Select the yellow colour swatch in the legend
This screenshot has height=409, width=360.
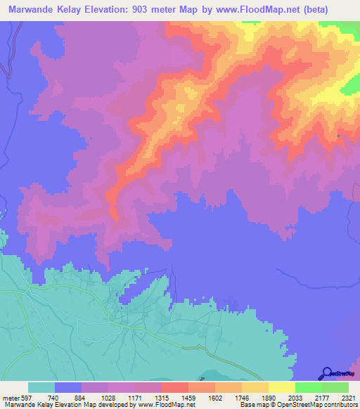(282, 387)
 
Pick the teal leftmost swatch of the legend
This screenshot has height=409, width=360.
(41, 387)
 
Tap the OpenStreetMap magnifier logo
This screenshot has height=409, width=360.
(326, 374)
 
